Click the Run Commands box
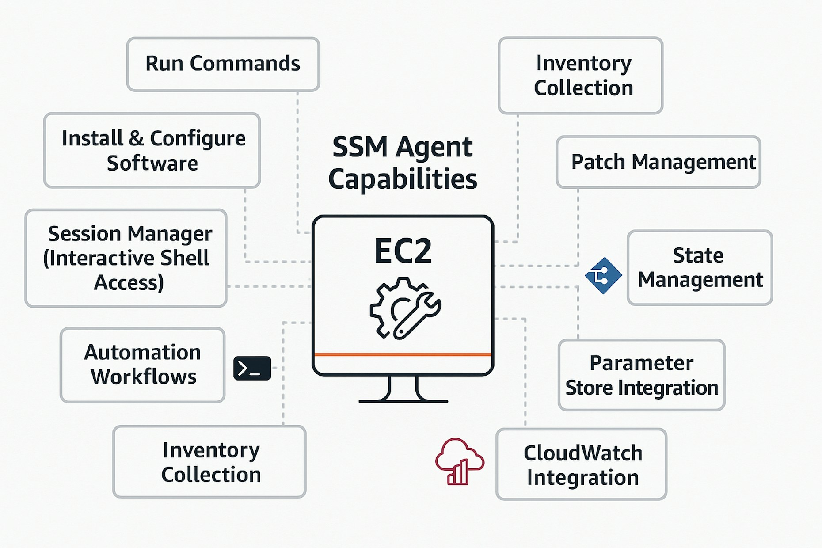coord(223,64)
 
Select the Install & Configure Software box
coord(152,150)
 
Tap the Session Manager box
coord(126,258)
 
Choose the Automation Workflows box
coord(142,365)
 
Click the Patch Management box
coord(658,162)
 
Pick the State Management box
coord(700,268)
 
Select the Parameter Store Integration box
coord(641,375)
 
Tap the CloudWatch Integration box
coord(581,464)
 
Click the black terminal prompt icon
coord(252,368)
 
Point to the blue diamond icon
coord(603,276)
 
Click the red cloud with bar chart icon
coord(459,462)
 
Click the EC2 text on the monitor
coord(403,251)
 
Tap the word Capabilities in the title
coord(403,179)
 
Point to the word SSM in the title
coord(360,147)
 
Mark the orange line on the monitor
coord(403,354)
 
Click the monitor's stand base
coord(403,400)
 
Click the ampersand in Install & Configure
coord(136,139)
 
